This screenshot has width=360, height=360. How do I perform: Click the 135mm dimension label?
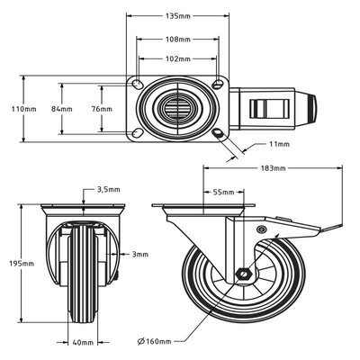point(180,16)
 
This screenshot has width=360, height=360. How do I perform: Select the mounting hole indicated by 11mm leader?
point(221,134)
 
